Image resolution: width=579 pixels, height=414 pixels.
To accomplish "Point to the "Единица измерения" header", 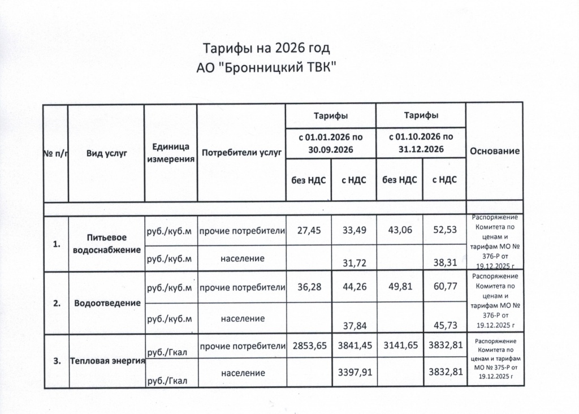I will tap(171, 153).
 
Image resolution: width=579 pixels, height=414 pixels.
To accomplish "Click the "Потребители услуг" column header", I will tap(241, 153).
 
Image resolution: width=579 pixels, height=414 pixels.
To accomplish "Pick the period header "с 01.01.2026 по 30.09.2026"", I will tap(330, 143).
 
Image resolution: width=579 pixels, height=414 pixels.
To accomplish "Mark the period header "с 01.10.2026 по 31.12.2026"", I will tap(421, 143).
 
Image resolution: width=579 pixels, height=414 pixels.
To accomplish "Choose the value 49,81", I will tap(399, 287).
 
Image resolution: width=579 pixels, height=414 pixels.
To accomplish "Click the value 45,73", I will tap(444, 325).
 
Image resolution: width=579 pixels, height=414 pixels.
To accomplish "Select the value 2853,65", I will tap(309, 346).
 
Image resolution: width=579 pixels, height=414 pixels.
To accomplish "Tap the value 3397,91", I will tap(354, 373).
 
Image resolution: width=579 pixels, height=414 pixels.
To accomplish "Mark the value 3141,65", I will tap(399, 346).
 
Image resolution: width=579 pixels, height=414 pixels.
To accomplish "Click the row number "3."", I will tap(56, 361).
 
